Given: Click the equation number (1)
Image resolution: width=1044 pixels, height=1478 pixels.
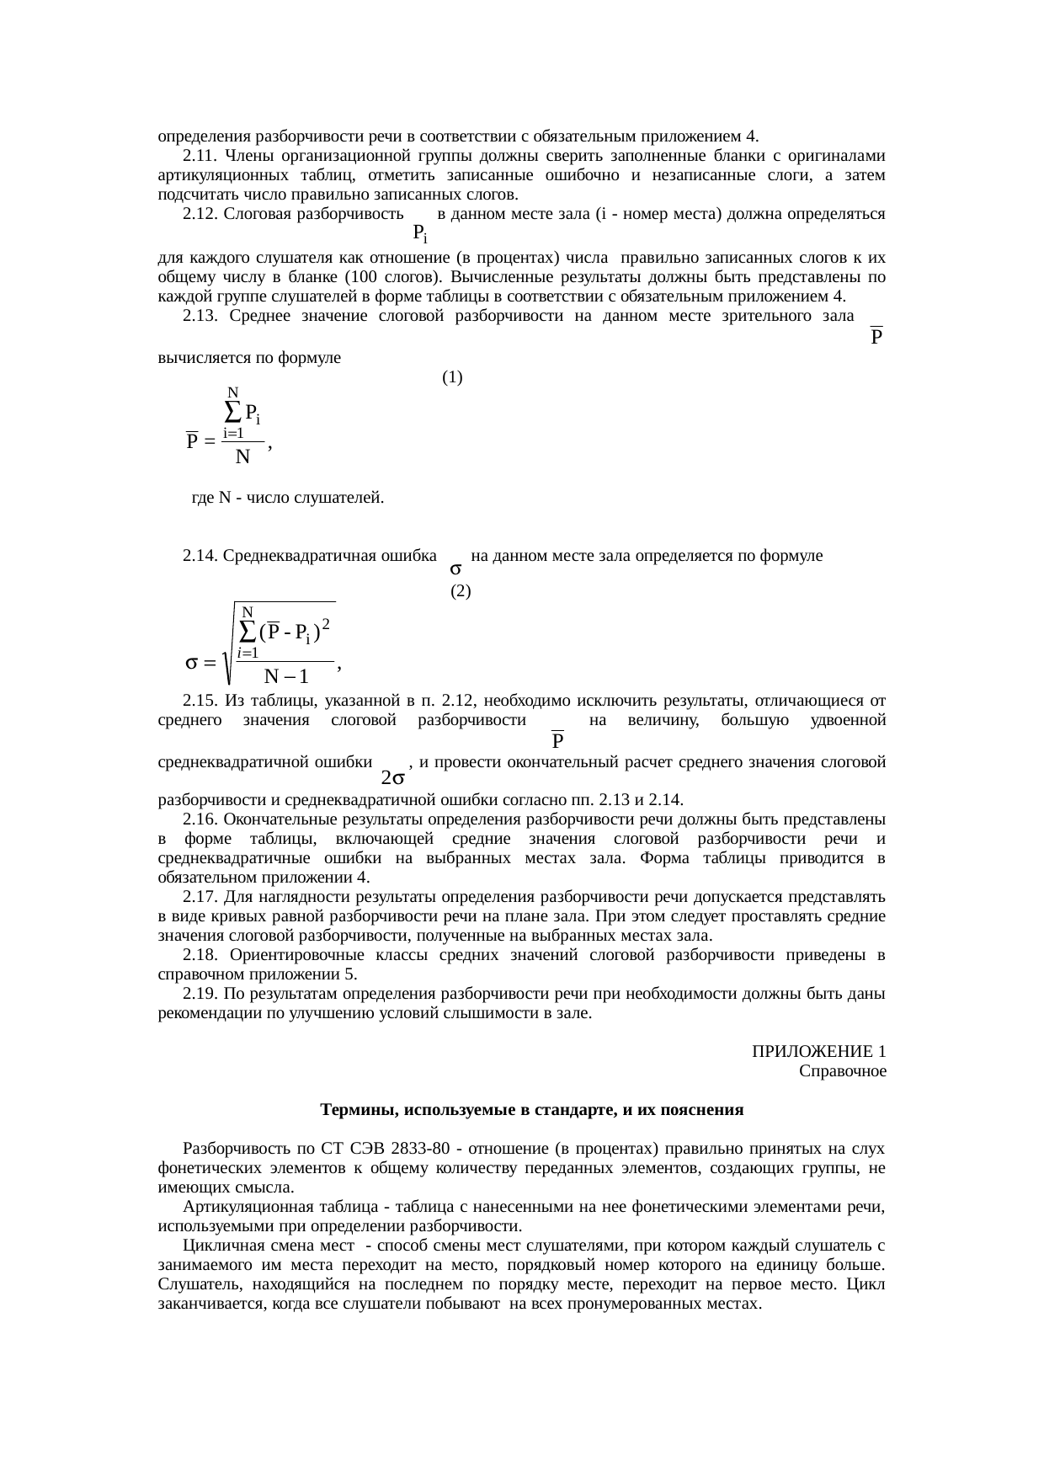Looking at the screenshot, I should point(452,378).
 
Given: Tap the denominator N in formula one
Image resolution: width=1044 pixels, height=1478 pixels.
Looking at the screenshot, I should point(242,457).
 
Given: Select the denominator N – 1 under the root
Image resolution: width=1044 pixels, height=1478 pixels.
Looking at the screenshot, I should point(285,676).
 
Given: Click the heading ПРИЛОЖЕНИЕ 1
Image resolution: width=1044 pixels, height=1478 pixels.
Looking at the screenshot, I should point(818,1052).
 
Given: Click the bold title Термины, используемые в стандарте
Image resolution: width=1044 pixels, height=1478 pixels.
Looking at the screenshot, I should point(531,1110).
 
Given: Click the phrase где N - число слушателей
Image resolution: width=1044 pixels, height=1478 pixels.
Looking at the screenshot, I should point(288,498).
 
